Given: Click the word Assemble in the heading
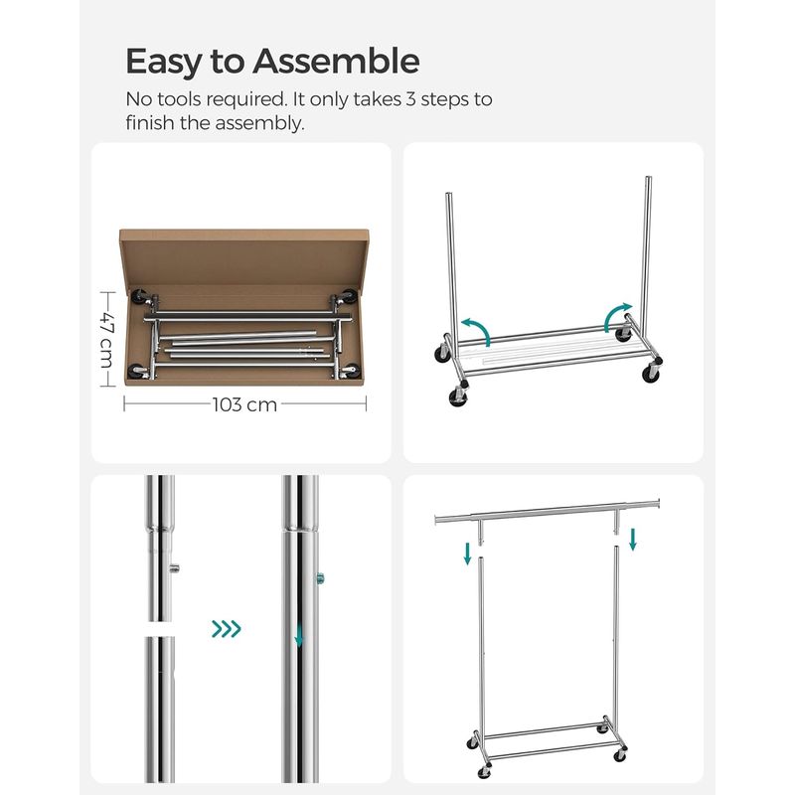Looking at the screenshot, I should pyautogui.click(x=335, y=62).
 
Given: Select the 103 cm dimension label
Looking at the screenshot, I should pyautogui.click(x=244, y=404).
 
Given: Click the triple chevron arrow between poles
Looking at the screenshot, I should pyautogui.click(x=226, y=628).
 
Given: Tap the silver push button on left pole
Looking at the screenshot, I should pyautogui.click(x=175, y=567).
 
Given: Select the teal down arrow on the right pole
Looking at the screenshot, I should pyautogui.click(x=297, y=634).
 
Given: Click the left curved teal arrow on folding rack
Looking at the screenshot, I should pyautogui.click(x=476, y=330).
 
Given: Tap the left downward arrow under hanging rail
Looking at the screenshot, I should pyautogui.click(x=466, y=553).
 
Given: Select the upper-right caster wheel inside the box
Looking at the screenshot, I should pyautogui.click(x=350, y=295).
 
